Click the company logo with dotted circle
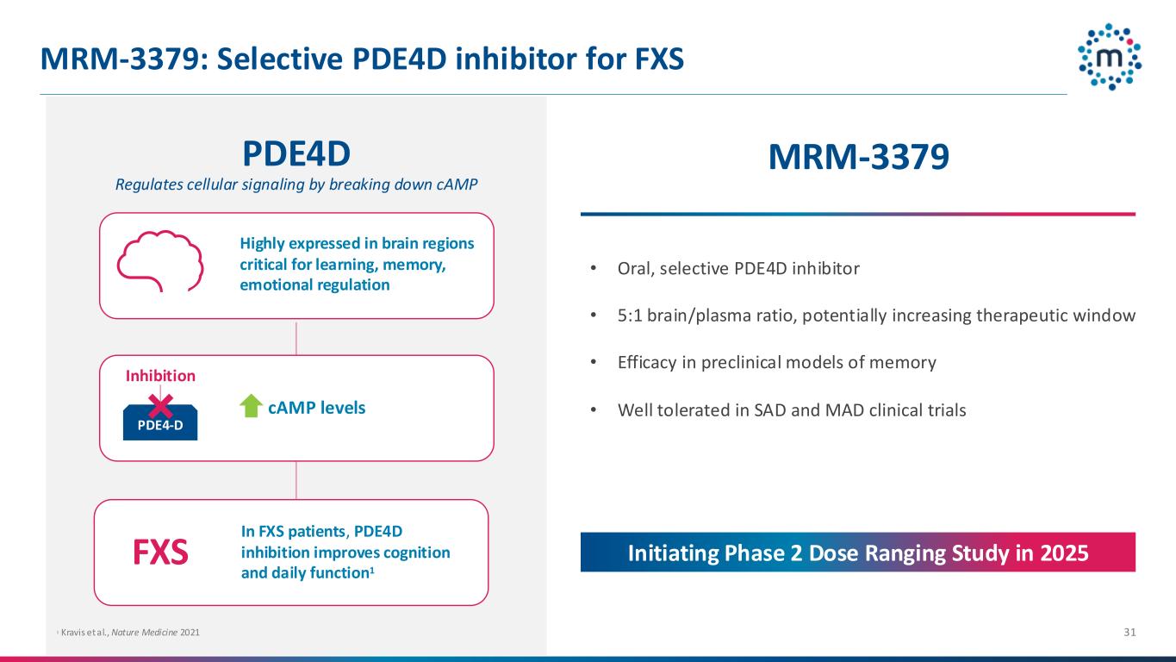pos(1110,57)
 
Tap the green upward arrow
pos(251,406)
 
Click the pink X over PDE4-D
pos(160,406)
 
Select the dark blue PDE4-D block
pos(160,423)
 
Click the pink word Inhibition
pos(160,376)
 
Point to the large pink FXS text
pos(160,553)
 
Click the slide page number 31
pos(1129,632)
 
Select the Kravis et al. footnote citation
pos(128,632)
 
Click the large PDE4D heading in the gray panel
pos(296,154)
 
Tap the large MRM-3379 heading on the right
pos(858,157)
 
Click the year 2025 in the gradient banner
pos(1064,553)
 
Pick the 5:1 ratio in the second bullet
pos(630,315)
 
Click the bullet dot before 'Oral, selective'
pos(594,268)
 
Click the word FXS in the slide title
pos(659,59)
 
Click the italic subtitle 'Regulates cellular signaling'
pos(296,184)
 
